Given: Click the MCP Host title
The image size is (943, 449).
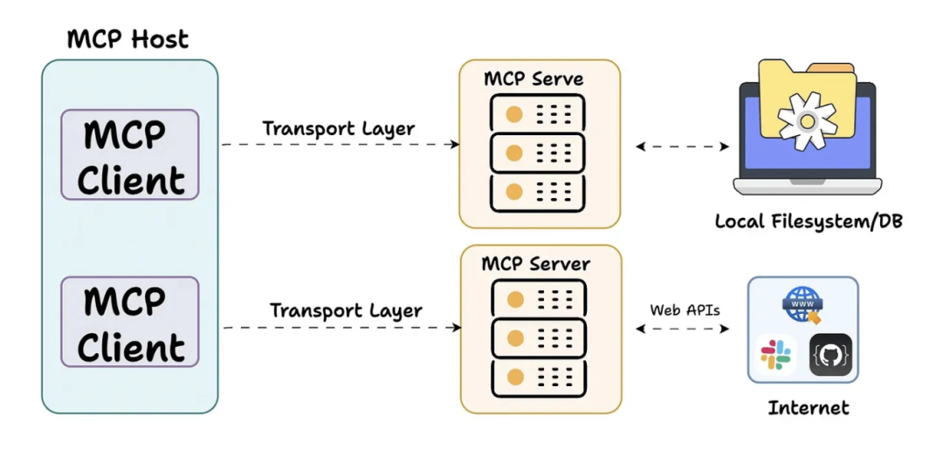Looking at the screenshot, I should [127, 38].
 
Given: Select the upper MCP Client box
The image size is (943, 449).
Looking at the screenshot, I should [129, 155].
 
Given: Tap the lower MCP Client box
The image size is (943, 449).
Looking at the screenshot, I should [129, 323].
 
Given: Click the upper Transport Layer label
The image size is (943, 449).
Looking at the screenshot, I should [339, 128].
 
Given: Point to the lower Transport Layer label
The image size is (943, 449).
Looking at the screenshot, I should [346, 310].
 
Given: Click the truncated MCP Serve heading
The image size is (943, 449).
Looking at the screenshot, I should [533, 78].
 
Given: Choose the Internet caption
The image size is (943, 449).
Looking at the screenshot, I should [808, 407].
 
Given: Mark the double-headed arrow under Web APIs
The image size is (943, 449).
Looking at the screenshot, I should [682, 329].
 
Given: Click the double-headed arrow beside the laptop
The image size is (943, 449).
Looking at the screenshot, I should [682, 146].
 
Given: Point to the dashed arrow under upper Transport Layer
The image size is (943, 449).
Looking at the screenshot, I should [341, 145].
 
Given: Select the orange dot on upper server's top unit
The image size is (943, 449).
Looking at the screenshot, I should [514, 113].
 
